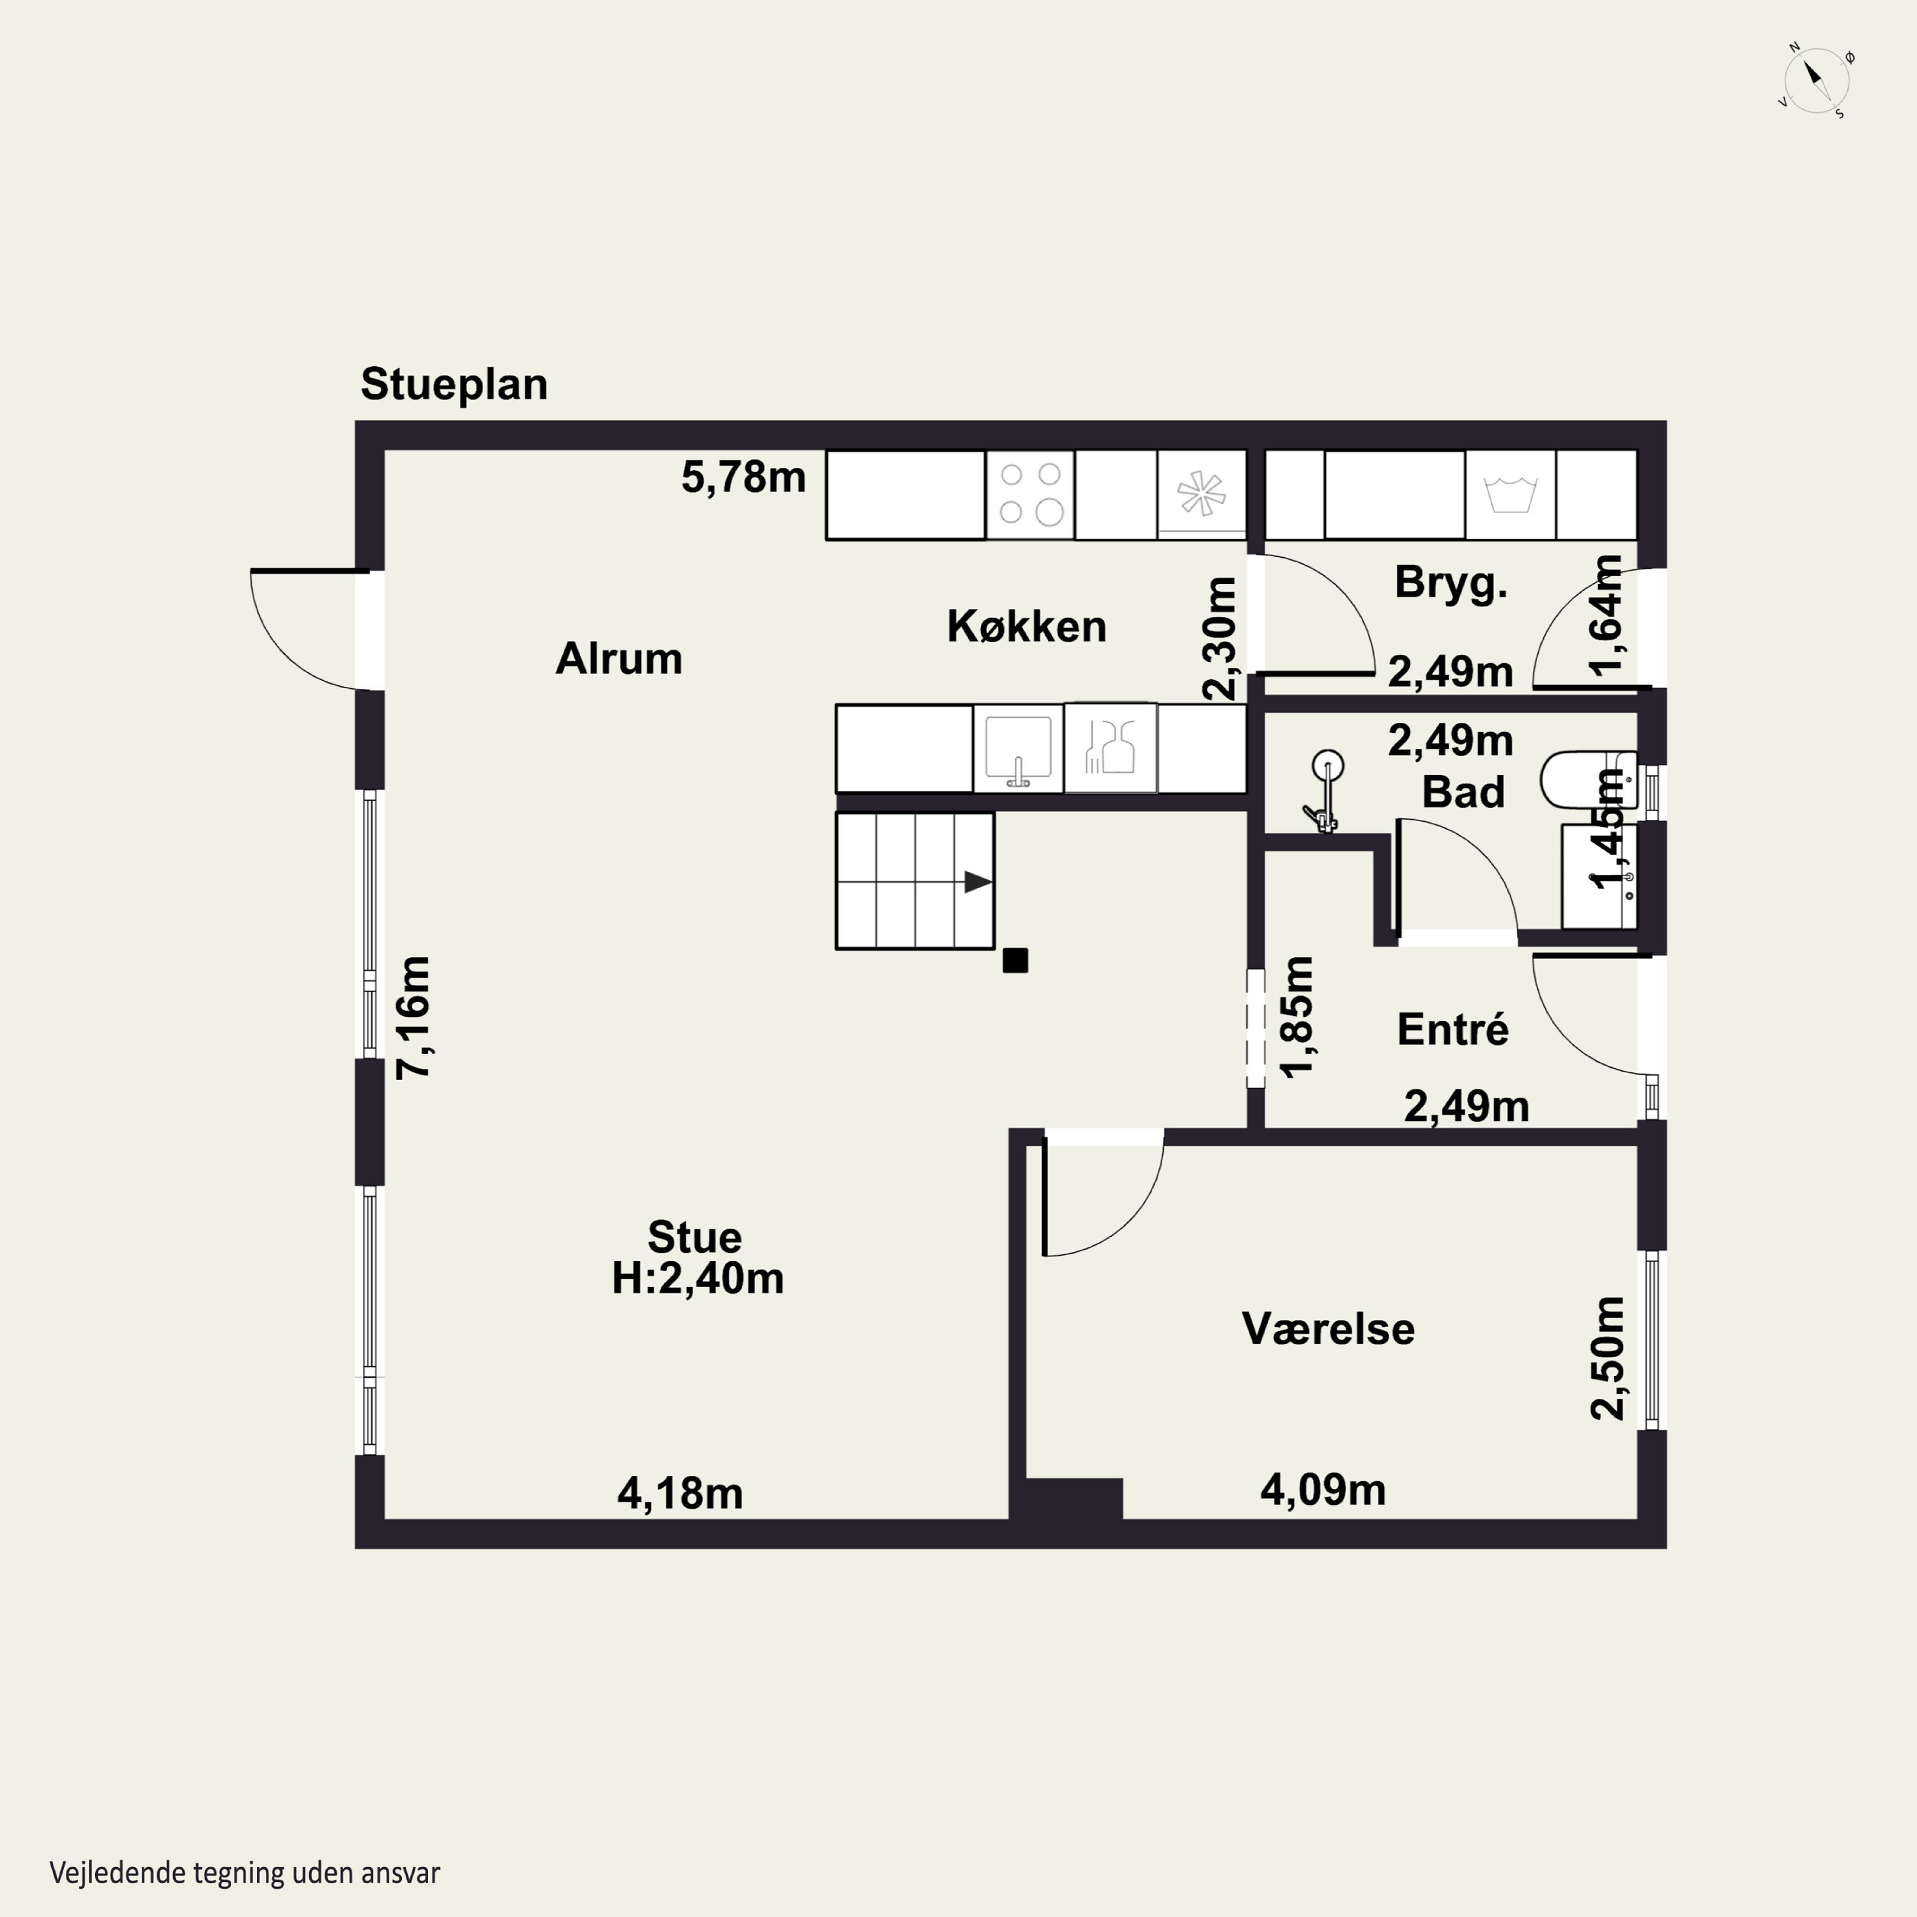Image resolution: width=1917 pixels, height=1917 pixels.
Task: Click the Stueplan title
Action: [x=454, y=385]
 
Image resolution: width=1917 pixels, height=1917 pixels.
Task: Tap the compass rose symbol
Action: [x=1816, y=81]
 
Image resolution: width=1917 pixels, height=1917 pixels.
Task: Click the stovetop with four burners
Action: [x=1030, y=494]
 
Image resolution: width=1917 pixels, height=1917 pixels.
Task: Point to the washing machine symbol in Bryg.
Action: [x=1510, y=494]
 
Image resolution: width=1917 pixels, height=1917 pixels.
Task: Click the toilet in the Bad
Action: [x=1587, y=780]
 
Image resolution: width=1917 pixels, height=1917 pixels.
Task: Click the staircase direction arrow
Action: [x=978, y=881]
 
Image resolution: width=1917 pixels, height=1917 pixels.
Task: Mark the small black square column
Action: [x=1015, y=960]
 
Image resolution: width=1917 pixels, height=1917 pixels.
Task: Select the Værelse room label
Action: [x=1328, y=1328]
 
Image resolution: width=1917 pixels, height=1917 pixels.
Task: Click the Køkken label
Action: [x=1026, y=626]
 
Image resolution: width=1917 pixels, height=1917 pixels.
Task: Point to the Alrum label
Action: [x=618, y=659]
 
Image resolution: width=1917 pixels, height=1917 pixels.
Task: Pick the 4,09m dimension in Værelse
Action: [x=1323, y=1490]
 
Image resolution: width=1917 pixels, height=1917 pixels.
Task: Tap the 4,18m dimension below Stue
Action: [x=680, y=1493]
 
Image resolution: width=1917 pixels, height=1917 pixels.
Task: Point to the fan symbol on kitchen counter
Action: [x=1201, y=493]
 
